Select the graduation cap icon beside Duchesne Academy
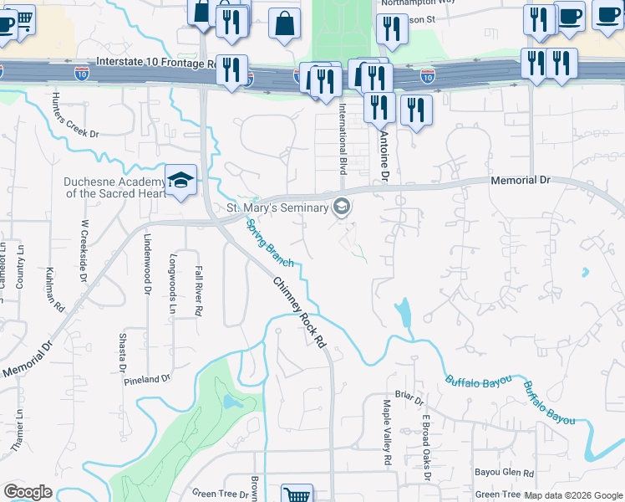pos(180,181)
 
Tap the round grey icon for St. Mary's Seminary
pos(341,206)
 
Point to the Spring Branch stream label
pos(269,243)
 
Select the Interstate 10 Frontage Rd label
pos(156,62)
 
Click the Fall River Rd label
pos(198,290)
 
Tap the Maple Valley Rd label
pos(388,433)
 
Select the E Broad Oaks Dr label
pos(425,448)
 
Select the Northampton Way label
pos(418,3)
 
